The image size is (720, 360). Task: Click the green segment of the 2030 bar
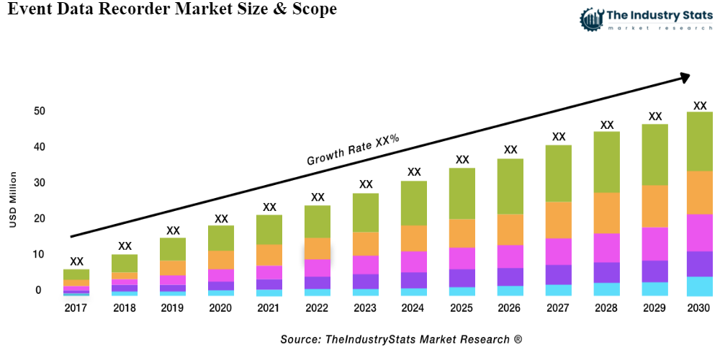point(699,141)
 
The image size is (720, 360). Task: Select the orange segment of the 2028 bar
point(607,213)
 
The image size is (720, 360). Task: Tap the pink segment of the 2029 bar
point(654,243)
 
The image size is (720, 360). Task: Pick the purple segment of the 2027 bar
point(558,274)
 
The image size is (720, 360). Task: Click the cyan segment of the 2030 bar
point(699,286)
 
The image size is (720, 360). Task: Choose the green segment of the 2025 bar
point(462,193)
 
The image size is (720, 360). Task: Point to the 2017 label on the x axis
point(76,308)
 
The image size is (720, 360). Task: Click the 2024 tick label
point(413,308)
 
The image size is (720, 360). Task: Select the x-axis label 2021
point(269,308)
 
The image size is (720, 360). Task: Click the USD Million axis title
point(13,199)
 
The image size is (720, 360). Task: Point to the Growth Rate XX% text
point(353,150)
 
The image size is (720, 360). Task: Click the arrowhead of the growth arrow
point(684,76)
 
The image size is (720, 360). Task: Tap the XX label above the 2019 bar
point(173,230)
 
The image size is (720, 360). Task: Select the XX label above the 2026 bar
point(510,150)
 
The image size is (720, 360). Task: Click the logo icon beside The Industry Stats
point(592,19)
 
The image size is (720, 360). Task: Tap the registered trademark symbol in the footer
point(518,338)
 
